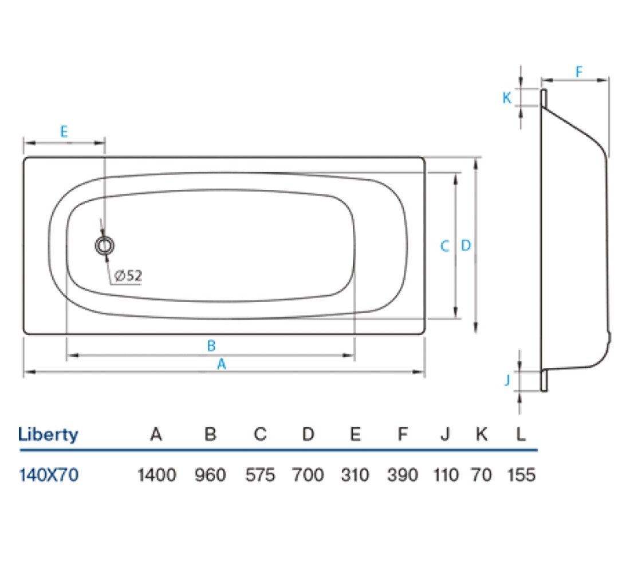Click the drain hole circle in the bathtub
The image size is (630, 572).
tap(104, 245)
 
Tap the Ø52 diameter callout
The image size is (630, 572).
tap(128, 276)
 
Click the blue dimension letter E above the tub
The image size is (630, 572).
tap(64, 132)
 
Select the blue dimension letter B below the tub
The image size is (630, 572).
tap(211, 345)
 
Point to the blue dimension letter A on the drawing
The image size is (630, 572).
tap(222, 364)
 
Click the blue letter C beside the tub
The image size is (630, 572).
tap(444, 246)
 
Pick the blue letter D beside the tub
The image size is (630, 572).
tap(466, 245)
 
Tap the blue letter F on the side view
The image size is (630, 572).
tap(579, 72)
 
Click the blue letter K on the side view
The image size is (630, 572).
tap(507, 98)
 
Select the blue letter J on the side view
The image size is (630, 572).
tap(508, 380)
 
